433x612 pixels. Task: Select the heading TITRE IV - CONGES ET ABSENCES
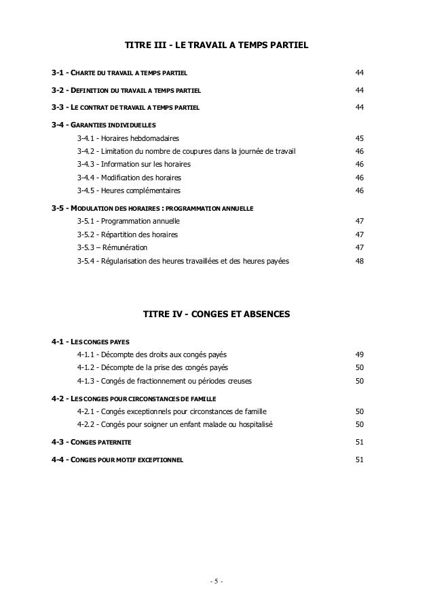pyautogui.click(x=216, y=314)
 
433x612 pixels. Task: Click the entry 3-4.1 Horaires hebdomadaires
pyautogui.click(x=127, y=138)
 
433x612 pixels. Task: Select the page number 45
pyautogui.click(x=360, y=138)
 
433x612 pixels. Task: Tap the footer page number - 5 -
pyautogui.click(x=216, y=582)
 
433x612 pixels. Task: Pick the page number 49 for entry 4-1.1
pyautogui.click(x=360, y=354)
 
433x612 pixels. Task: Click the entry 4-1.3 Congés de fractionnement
pyautogui.click(x=164, y=381)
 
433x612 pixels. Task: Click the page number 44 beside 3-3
pyautogui.click(x=360, y=107)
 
